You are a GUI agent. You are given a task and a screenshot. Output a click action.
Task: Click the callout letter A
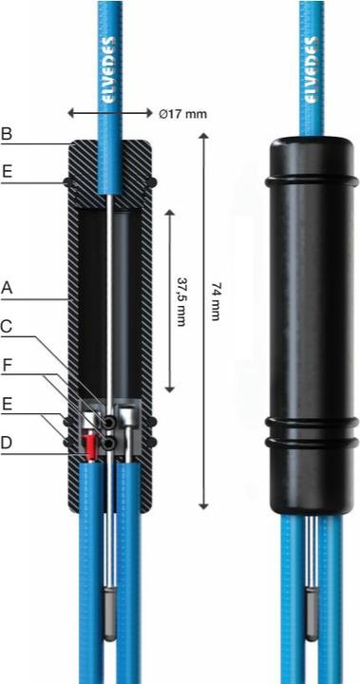(x=9, y=285)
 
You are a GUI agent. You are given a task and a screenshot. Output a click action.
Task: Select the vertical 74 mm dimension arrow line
(x=201, y=323)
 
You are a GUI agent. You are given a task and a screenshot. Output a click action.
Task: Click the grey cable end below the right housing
(x=312, y=612)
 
